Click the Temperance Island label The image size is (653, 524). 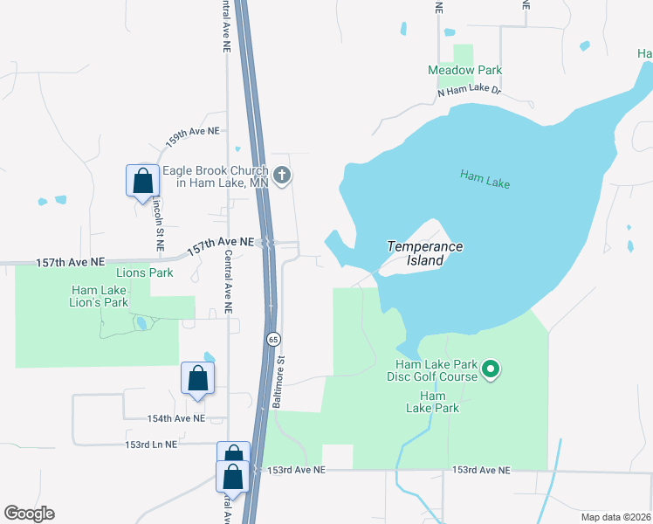[x=425, y=254]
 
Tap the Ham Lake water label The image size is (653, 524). [x=485, y=180]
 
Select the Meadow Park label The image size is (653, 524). [x=464, y=70]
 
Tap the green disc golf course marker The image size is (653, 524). [x=491, y=369]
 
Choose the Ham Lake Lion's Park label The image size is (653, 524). [x=100, y=297]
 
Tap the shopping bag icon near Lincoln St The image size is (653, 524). [x=143, y=181]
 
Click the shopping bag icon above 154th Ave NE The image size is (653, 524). [x=198, y=378]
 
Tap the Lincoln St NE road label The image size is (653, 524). [x=159, y=223]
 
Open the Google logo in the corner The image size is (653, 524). [x=29, y=514]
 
